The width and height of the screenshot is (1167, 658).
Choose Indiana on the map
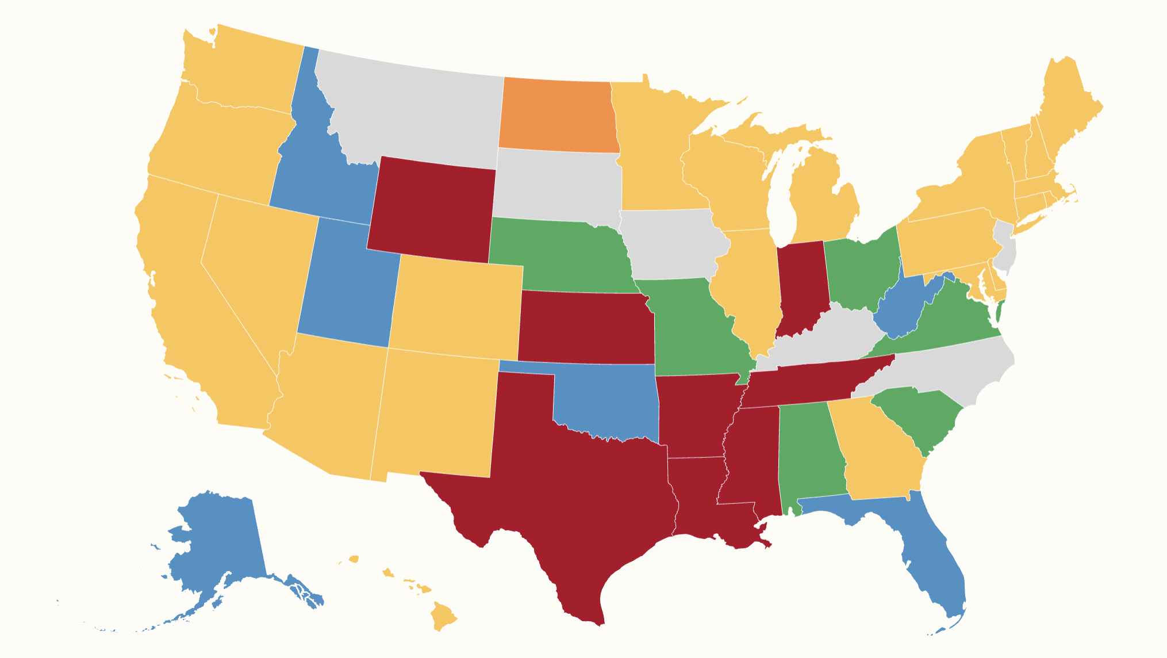coord(803,288)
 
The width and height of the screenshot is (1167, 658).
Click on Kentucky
coord(822,339)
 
